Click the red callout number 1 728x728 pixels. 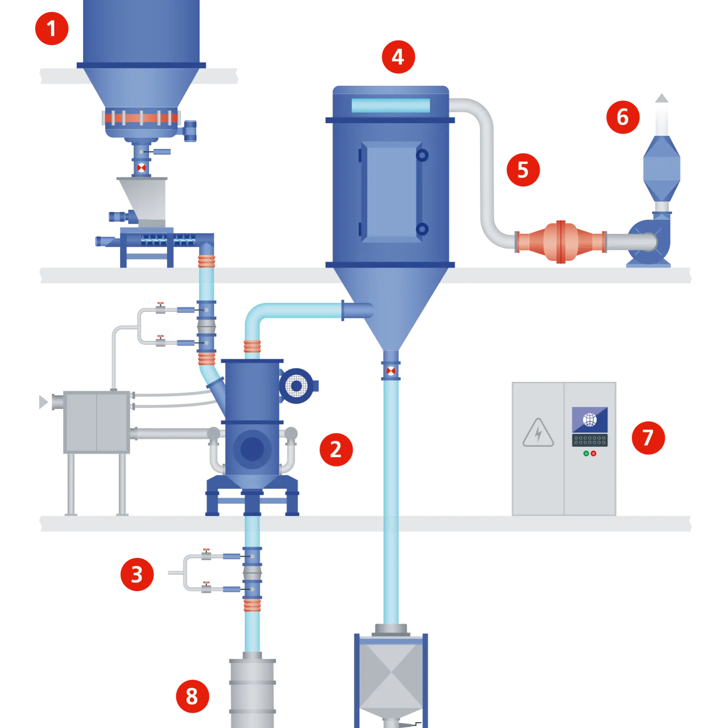coord(51,28)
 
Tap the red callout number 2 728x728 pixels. coord(335,449)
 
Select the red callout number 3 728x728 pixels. coord(137,574)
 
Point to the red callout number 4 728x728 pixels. coord(398,57)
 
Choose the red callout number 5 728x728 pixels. coord(523,170)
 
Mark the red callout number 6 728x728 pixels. coord(622,117)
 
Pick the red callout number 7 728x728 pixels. coord(648,437)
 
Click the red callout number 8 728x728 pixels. coord(192,696)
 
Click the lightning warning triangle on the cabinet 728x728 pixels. coord(538,433)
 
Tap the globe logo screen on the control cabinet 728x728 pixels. coord(589,420)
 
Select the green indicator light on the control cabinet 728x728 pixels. coord(586,454)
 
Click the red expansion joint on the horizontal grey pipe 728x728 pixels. coord(560,242)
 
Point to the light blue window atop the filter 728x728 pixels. coord(390,106)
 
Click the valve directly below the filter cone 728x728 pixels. coord(391,371)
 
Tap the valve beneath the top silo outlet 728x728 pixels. coord(141,168)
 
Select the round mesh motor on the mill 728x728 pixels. coord(297,386)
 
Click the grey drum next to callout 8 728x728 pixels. coord(252,691)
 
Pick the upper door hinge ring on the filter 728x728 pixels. coord(422,156)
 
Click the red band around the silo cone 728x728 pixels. coord(141,118)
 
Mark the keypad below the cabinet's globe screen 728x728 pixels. coord(589,440)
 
